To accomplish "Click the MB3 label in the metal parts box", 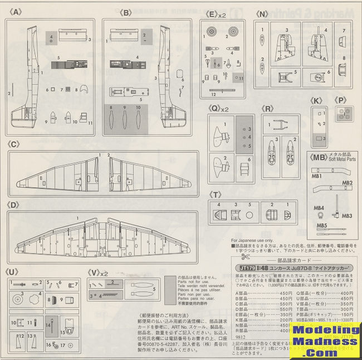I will click(x=346, y=216).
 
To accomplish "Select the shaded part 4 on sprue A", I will click(x=51, y=38).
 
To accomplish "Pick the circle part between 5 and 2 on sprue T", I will click(x=249, y=213).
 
